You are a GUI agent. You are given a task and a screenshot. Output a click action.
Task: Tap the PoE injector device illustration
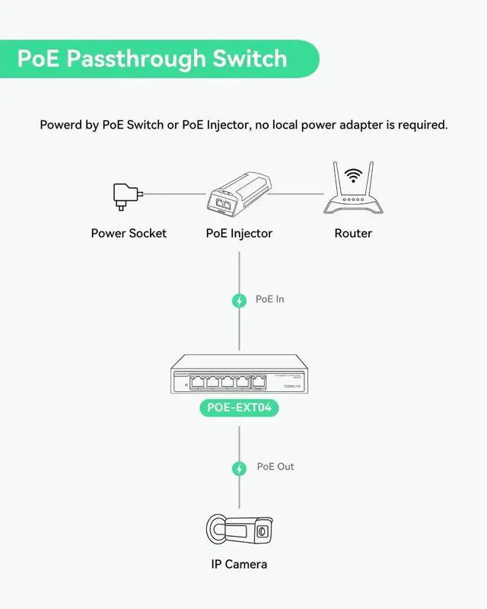[x=239, y=194]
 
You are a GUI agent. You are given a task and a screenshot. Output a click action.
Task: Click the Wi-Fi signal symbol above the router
[x=352, y=174]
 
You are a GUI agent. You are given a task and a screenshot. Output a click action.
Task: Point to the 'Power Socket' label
[x=129, y=233]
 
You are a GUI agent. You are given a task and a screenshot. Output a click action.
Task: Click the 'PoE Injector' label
[x=239, y=233]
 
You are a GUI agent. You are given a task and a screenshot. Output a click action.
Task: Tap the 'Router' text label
[x=353, y=233]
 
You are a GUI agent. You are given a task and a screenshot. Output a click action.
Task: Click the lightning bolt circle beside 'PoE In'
[x=240, y=301]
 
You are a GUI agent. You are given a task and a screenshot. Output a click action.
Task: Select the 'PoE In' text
[x=270, y=299]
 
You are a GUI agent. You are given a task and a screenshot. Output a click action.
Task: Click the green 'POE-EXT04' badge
[x=239, y=408]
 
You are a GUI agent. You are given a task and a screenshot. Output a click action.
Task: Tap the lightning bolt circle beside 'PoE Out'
[x=240, y=467]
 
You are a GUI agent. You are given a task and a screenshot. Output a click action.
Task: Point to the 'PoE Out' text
[x=275, y=466]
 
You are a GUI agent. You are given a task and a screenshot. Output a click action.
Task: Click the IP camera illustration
[x=239, y=528]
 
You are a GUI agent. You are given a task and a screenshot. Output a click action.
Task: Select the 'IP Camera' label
[x=239, y=564]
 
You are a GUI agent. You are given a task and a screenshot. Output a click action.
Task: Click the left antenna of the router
[x=336, y=178]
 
